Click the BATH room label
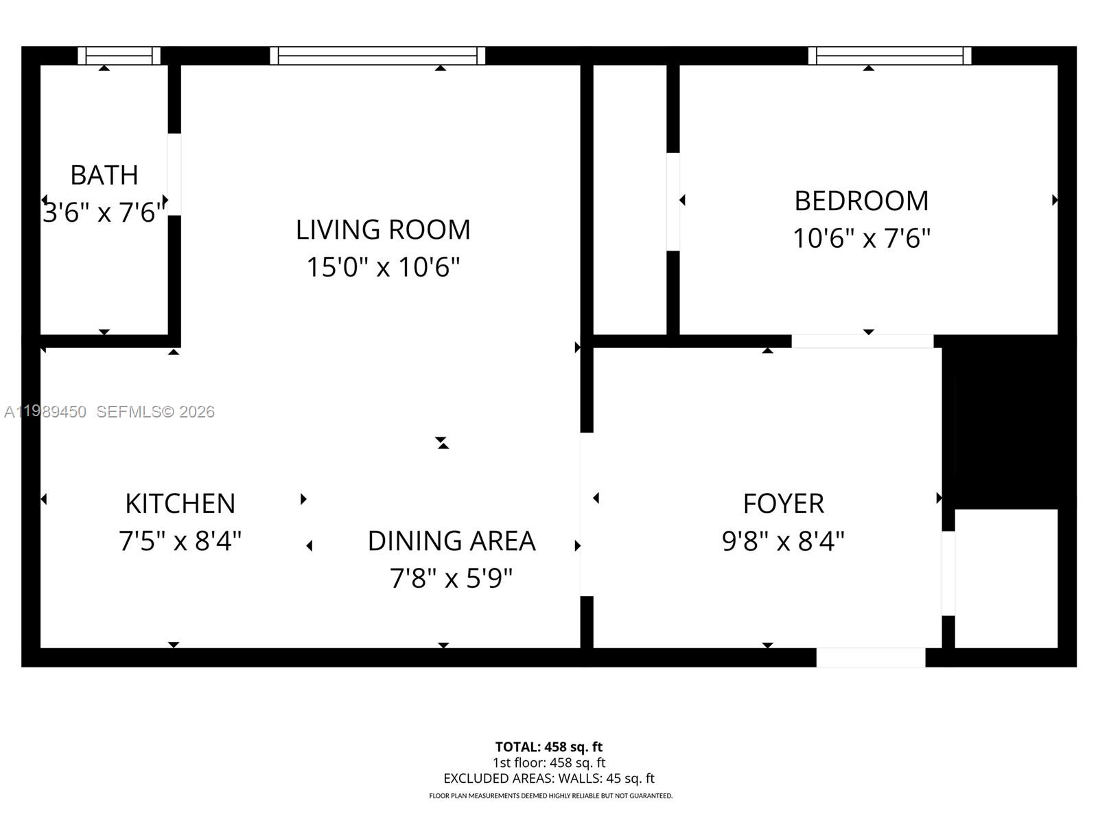[104, 175]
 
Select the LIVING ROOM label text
[383, 229]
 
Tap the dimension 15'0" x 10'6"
[383, 267]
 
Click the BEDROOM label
[861, 201]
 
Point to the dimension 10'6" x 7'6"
[861, 239]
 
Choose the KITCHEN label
[180, 504]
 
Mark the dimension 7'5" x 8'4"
[180, 542]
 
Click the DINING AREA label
[452, 541]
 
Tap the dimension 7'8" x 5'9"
[452, 579]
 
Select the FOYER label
[783, 504]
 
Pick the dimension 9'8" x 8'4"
[783, 542]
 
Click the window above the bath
[119, 56]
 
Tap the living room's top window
[377, 56]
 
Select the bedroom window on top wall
[889, 56]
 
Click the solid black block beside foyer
[1012, 426]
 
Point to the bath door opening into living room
[174, 174]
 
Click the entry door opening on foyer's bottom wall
[870, 657]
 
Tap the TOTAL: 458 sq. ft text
[549, 746]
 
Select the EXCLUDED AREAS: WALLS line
[549, 778]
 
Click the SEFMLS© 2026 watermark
[156, 411]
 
